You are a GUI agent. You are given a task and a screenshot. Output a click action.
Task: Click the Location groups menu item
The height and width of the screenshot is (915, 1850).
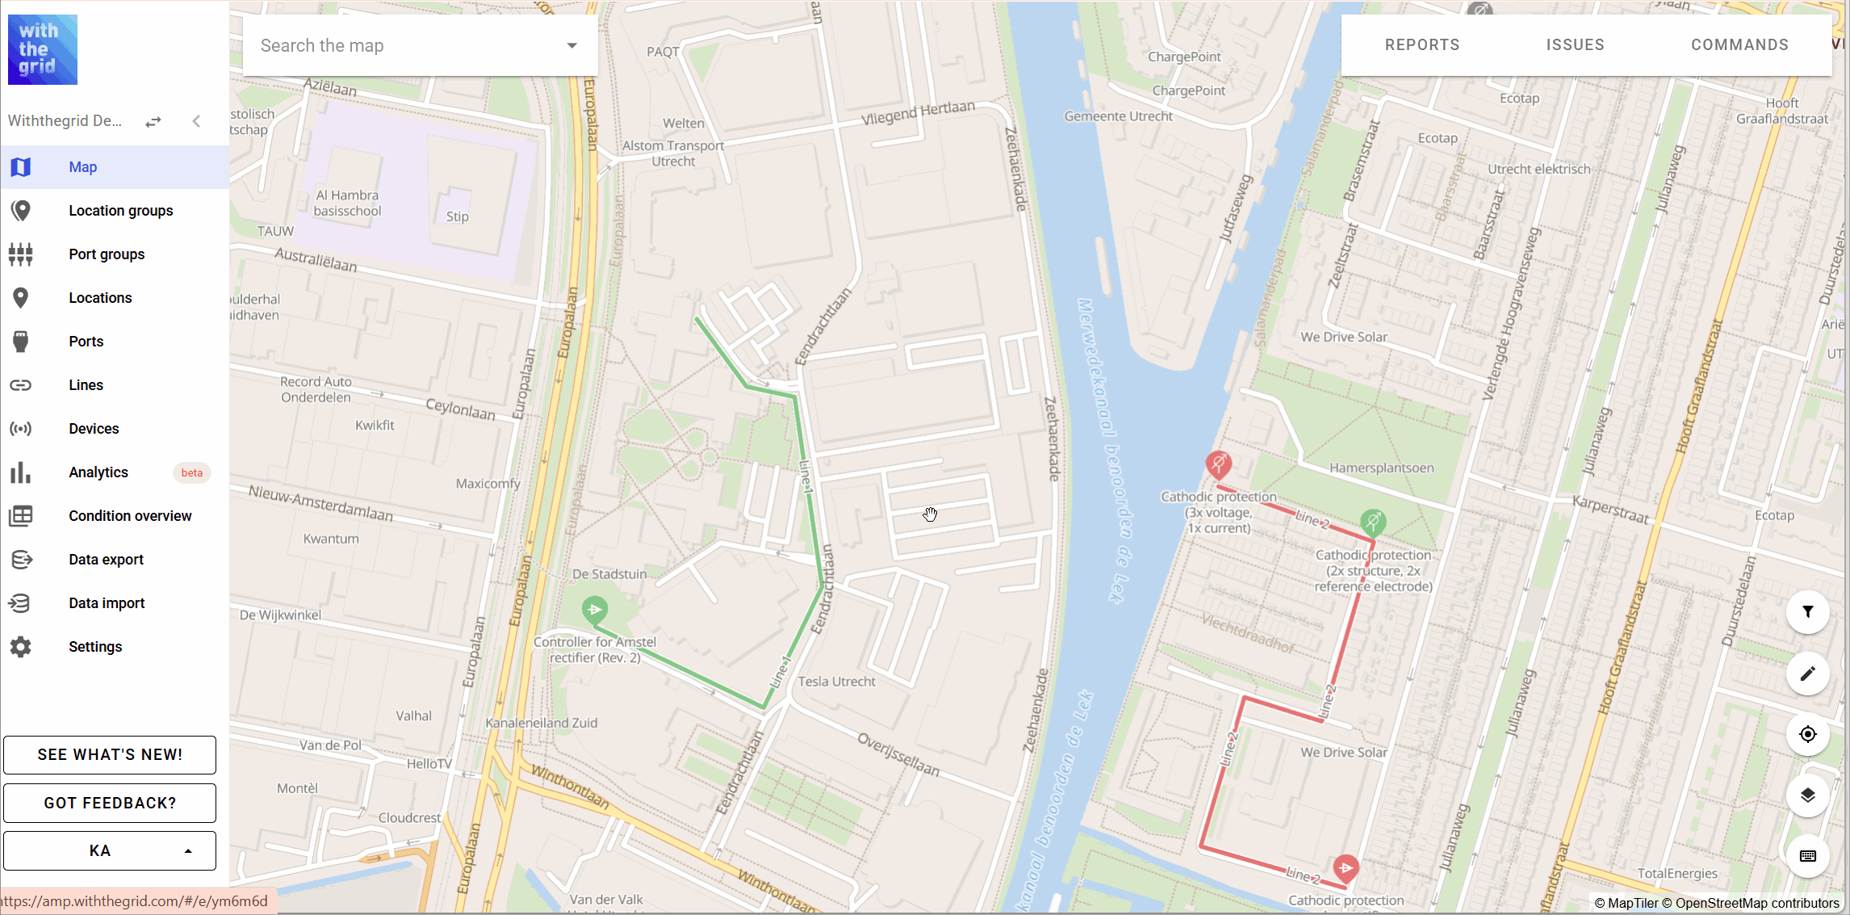[x=120, y=211]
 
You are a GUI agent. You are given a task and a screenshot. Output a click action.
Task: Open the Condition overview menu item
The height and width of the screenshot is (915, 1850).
[x=129, y=516]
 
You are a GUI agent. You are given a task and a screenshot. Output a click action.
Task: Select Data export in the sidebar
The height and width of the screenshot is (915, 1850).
[x=106, y=560]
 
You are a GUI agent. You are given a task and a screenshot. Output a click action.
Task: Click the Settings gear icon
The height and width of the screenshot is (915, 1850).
[x=21, y=647]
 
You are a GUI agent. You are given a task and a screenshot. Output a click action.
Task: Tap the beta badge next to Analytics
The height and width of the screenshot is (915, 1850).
[x=192, y=472]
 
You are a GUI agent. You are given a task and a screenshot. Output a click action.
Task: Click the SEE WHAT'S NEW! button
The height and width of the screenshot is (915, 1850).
[x=110, y=754]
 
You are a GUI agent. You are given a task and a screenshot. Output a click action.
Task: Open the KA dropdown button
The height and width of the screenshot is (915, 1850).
[x=110, y=850]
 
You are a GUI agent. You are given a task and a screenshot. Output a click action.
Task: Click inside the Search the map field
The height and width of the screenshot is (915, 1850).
[x=404, y=46]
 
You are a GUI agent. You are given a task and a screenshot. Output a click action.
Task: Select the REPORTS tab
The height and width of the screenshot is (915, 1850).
[x=1422, y=45]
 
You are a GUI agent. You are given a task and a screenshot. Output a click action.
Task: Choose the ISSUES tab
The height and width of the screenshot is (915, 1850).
[x=1575, y=45]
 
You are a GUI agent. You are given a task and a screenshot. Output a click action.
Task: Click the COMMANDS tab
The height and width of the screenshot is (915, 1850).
[x=1739, y=45]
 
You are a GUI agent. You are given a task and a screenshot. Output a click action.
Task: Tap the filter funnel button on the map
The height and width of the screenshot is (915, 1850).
[x=1807, y=612]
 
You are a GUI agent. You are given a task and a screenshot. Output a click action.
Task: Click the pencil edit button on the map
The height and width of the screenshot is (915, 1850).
[x=1807, y=674]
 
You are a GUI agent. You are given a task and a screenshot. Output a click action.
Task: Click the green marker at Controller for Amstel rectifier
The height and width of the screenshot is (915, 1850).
[x=595, y=609]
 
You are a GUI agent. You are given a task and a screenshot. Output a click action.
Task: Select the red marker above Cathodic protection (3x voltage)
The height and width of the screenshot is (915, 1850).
[x=1218, y=464]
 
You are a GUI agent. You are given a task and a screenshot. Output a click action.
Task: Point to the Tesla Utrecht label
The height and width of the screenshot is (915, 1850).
[x=836, y=682]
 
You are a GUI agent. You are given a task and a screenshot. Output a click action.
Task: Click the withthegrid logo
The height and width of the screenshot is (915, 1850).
[x=43, y=49]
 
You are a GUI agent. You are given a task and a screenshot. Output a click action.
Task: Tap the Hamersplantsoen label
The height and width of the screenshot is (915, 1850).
[x=1381, y=468]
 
